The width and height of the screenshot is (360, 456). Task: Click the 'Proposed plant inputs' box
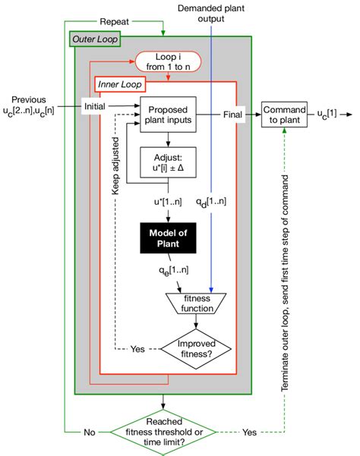tap(168, 115)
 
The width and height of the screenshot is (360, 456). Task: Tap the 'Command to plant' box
tap(286, 115)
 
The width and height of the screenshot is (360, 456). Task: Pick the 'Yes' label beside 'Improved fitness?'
tap(137, 351)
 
